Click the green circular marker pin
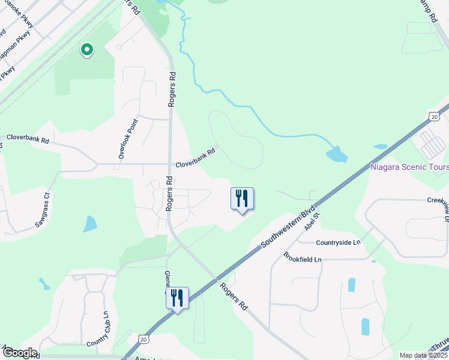(87, 50)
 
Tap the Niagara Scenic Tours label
(409, 167)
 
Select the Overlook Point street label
(128, 139)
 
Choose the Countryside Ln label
(339, 242)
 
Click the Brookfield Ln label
(303, 259)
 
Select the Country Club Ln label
(98, 329)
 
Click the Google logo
(19, 353)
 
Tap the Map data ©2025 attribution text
(423, 356)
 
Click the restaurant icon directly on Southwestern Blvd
(177, 298)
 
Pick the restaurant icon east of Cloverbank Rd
(242, 198)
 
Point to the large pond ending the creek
(336, 154)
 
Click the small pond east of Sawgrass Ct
(89, 224)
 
